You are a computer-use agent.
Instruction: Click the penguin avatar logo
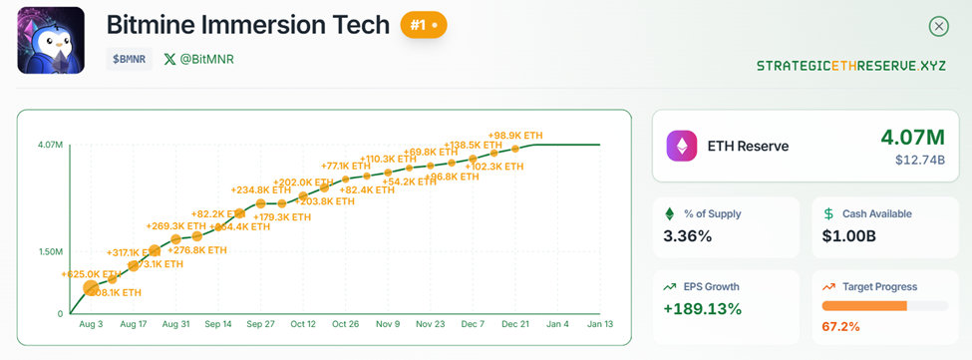pyautogui.click(x=50, y=41)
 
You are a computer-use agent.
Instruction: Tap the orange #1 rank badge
pyautogui.click(x=424, y=25)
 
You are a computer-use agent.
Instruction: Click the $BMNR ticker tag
pyautogui.click(x=129, y=59)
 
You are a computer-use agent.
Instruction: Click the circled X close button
pyautogui.click(x=938, y=27)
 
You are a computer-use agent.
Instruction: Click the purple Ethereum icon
pyautogui.click(x=683, y=146)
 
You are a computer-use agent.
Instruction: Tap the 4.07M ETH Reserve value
pyautogui.click(x=912, y=137)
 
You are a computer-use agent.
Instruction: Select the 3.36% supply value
pyautogui.click(x=688, y=236)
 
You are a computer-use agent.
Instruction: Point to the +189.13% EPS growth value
pyautogui.click(x=703, y=309)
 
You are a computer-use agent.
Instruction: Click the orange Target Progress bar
pyautogui.click(x=864, y=305)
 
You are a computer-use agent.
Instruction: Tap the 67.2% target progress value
pyautogui.click(x=841, y=326)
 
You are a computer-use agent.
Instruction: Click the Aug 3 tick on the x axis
pyautogui.click(x=91, y=325)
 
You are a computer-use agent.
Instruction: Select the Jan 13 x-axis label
pyautogui.click(x=599, y=325)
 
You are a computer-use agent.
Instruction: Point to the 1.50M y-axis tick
pyautogui.click(x=51, y=251)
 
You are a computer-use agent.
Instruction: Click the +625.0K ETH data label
pyautogui.click(x=91, y=273)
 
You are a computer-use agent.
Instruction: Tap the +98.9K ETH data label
pyautogui.click(x=515, y=136)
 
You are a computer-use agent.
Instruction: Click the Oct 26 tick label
pyautogui.click(x=345, y=325)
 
